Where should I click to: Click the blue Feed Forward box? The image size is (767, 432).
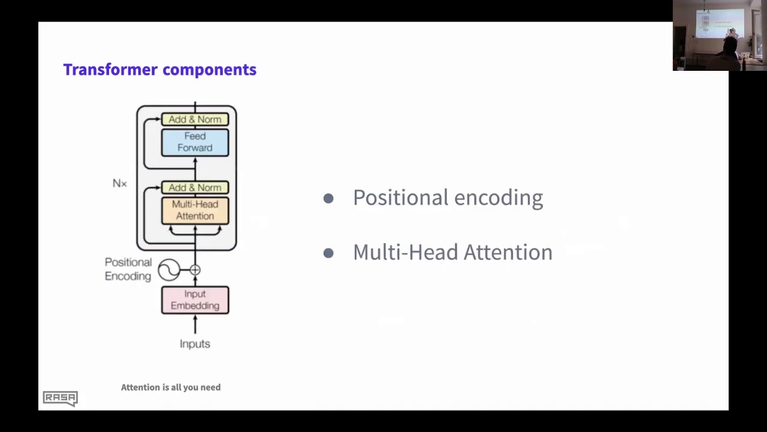coord(195,142)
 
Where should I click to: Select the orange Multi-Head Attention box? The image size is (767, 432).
coord(195,211)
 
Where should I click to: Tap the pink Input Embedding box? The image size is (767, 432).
coord(195,300)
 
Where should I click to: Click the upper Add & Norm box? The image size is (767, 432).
coord(195,119)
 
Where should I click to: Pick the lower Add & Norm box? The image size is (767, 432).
coord(195,188)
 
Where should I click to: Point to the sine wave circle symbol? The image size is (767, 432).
coord(169,270)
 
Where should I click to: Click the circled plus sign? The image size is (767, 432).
coord(195,270)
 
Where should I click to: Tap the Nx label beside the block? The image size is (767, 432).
coord(120,184)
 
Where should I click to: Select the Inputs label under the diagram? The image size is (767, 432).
coord(195,344)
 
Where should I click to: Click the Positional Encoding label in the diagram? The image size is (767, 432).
coord(128,269)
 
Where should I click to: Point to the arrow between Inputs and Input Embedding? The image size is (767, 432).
coord(195,325)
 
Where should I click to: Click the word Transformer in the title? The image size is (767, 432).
coord(110,70)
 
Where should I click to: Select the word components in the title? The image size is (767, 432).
coord(210,70)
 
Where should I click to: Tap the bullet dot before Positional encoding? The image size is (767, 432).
coord(328,198)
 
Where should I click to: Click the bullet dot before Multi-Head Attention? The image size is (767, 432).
coord(328,253)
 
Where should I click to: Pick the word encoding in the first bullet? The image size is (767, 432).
coord(499,199)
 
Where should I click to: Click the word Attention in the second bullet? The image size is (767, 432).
coord(508,252)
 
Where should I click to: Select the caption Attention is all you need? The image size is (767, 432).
coord(171,388)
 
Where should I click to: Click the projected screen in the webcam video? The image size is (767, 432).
coord(719,23)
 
